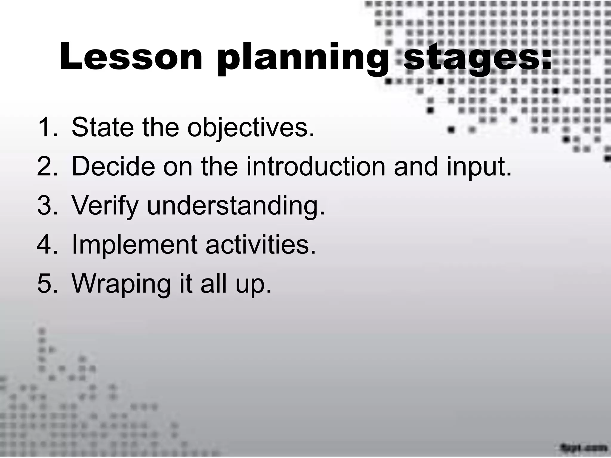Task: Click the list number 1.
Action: point(47,127)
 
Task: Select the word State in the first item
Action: point(102,127)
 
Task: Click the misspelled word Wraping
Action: point(121,284)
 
